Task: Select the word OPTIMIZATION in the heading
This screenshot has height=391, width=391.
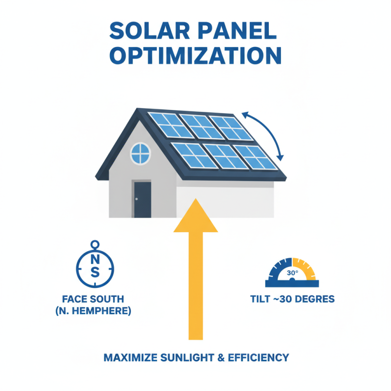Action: point(195,55)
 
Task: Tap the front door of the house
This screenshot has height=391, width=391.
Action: point(142,199)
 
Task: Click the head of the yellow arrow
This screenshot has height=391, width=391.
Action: point(195,216)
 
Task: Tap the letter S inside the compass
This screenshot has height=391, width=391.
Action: point(95,272)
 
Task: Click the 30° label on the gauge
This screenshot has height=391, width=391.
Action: point(292,273)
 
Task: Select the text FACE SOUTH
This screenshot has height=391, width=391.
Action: point(93,299)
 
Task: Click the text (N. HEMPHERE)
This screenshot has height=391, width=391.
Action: point(93,310)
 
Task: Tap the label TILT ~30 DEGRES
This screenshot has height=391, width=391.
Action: point(292,299)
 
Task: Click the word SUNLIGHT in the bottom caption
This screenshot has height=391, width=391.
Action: point(186,357)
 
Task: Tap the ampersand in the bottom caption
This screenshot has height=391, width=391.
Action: point(219,357)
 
